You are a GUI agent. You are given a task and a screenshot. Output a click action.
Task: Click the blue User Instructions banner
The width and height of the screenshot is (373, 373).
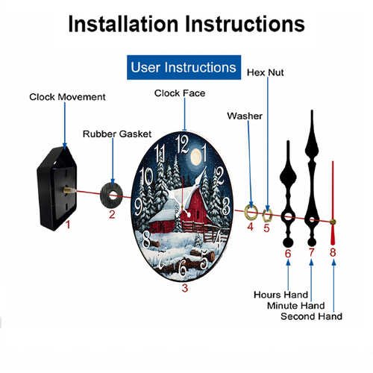[184, 67]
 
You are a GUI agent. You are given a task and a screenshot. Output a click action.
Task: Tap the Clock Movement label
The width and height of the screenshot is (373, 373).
[67, 97]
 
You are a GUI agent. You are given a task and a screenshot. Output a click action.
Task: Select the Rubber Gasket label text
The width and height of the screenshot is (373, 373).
[117, 134]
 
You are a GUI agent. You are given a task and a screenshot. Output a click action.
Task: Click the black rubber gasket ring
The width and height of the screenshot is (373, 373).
[112, 195]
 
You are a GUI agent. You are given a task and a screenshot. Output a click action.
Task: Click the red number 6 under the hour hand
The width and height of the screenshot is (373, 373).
[288, 254]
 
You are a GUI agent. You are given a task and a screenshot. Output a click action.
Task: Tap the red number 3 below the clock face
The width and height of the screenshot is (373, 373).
[184, 288]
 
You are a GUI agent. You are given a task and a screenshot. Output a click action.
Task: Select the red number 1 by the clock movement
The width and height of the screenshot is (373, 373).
[68, 225]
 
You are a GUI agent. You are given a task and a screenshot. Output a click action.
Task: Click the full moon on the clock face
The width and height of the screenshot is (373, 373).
[196, 157]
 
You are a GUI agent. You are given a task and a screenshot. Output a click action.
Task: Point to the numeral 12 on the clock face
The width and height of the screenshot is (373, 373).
[182, 144]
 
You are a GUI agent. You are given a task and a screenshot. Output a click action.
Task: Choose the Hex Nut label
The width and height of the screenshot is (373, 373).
[265, 72]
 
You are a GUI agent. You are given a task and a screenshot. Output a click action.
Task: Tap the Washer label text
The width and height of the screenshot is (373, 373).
[245, 116]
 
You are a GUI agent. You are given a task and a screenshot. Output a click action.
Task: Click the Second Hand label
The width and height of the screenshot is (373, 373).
[311, 316]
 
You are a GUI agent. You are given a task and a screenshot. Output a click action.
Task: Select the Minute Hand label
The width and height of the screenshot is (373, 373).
[296, 306]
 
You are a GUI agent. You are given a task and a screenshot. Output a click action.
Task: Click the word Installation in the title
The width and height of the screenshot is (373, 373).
[123, 24]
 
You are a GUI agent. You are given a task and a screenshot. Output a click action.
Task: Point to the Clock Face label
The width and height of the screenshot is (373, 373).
[180, 93]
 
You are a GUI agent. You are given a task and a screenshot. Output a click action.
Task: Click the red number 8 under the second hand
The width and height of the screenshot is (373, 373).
[333, 252]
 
